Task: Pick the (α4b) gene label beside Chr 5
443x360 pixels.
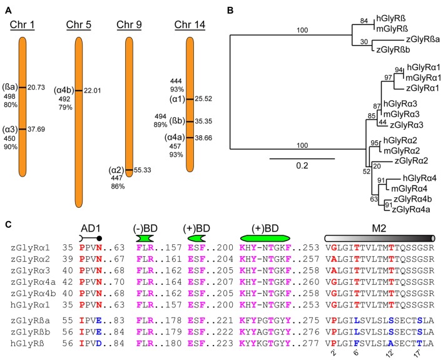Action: click(64, 90)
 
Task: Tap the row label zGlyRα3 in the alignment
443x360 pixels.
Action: click(31, 270)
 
